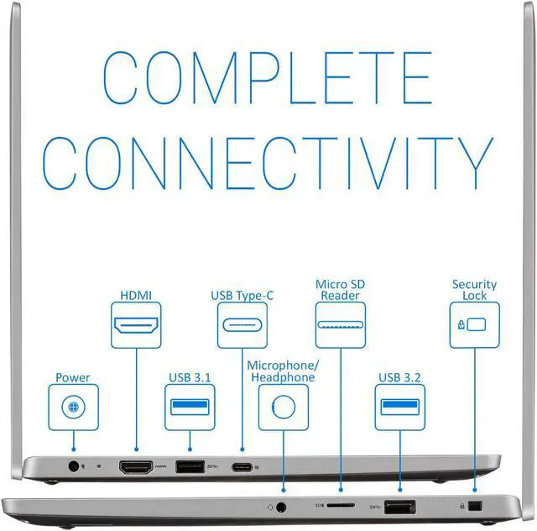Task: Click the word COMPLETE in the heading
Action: (268, 77)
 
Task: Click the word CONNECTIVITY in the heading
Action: (268, 163)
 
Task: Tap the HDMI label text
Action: (136, 296)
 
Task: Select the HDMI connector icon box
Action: (136, 325)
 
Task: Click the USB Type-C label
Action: (242, 296)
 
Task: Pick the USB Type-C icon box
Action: (242, 325)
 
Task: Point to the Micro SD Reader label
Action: (340, 290)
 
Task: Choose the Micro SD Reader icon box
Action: (341, 325)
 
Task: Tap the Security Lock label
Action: (474, 290)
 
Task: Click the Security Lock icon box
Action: (475, 325)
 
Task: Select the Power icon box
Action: (73, 407)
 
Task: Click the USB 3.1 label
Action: (190, 378)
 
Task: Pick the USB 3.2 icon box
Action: (400, 407)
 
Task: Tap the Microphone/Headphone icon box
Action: (284, 407)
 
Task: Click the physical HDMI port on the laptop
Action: (136, 467)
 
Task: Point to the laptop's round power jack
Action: (74, 466)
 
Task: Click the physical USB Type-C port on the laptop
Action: (242, 467)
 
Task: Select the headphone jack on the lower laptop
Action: (281, 507)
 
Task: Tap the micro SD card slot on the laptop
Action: (341, 505)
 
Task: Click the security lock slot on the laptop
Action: (475, 506)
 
